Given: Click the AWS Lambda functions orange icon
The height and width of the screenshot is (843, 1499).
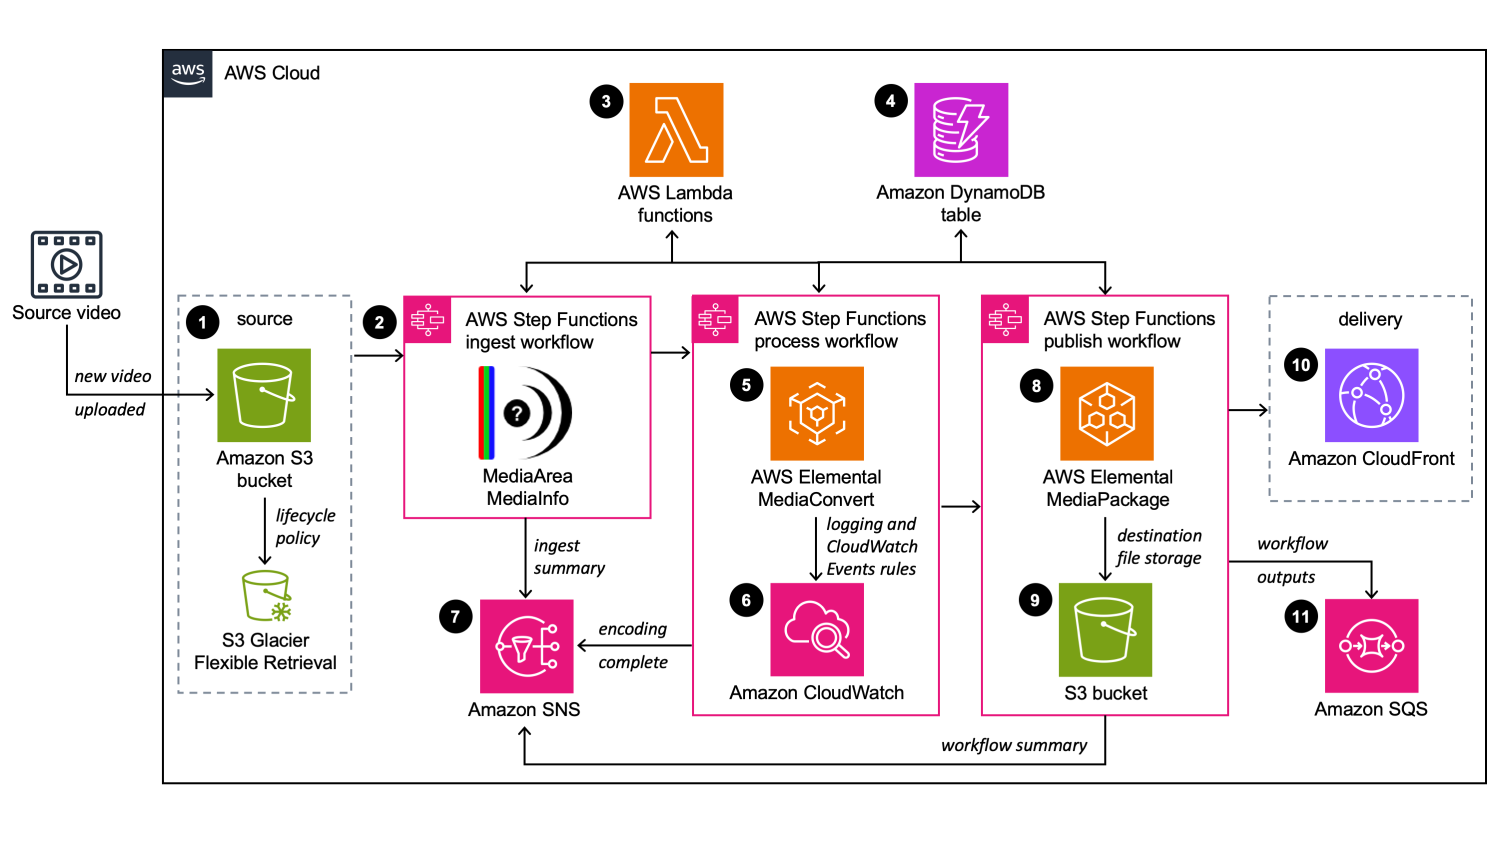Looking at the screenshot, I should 676,129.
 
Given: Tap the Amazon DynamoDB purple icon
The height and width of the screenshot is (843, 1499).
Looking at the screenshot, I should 960,129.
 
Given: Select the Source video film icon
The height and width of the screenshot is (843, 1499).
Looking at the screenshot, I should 66,264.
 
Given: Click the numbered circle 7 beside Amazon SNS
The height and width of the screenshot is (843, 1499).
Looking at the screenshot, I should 455,616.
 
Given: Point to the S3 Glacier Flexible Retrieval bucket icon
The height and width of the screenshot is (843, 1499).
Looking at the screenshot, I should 266,595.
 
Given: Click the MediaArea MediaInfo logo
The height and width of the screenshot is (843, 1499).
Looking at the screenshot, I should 525,412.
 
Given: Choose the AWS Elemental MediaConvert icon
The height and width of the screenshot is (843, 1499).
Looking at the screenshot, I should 817,413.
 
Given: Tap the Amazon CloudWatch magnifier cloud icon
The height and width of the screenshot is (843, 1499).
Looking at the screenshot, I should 817,629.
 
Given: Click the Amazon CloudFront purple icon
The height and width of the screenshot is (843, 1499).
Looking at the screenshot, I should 1371,395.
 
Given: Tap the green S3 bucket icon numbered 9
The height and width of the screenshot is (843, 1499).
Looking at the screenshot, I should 1105,629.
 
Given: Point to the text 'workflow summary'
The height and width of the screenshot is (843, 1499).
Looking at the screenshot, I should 1013,745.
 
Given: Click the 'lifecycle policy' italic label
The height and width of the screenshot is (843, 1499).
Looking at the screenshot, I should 304,526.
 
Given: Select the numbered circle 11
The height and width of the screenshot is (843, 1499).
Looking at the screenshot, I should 1300,616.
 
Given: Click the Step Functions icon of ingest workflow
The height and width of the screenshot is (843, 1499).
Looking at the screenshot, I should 427,320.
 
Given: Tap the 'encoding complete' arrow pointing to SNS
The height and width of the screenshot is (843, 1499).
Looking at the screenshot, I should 634,645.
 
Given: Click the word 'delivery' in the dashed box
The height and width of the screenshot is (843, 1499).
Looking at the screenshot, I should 1370,319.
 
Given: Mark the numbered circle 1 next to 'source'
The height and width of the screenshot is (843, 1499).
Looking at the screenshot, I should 202,322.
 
